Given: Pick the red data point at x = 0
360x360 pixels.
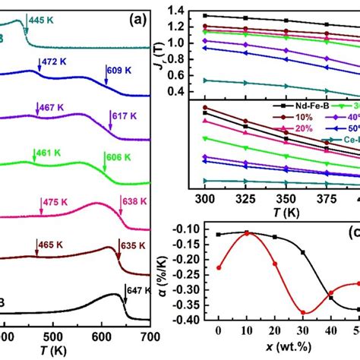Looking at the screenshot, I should [219, 267].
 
